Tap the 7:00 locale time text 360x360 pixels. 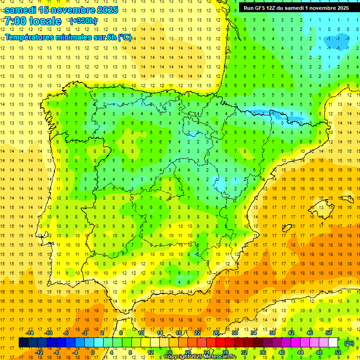click(x=33, y=21)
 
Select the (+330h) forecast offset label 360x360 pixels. click(x=83, y=21)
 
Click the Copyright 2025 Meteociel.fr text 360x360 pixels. click(x=200, y=357)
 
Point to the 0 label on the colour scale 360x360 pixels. click(x=92, y=352)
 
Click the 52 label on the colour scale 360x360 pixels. click(x=338, y=352)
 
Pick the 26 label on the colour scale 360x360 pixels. click(x=216, y=333)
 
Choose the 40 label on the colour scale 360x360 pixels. click(x=282, y=352)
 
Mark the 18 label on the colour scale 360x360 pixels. click(x=179, y=333)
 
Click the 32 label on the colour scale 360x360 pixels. click(x=244, y=352)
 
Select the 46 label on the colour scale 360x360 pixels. click(x=310, y=333)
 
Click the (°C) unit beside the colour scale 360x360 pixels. click(x=349, y=343)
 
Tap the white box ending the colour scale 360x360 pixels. click(x=333, y=343)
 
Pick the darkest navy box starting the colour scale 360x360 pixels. click(x=24, y=343)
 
